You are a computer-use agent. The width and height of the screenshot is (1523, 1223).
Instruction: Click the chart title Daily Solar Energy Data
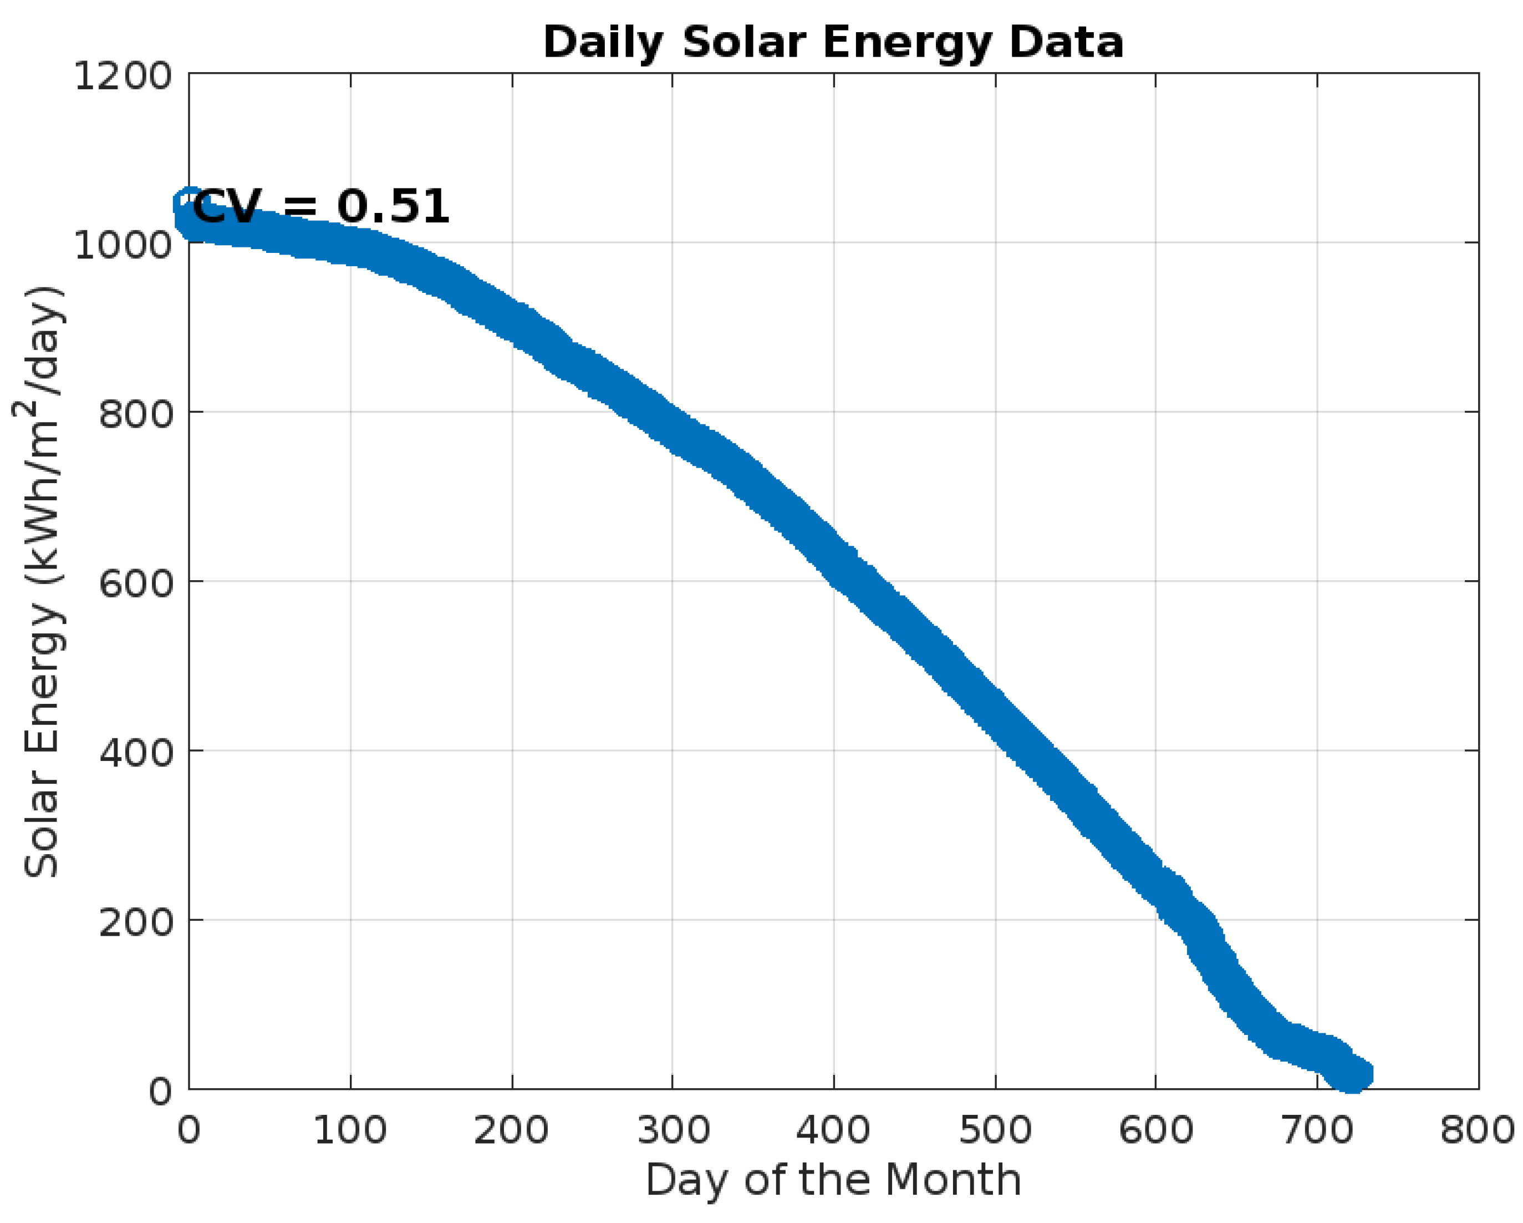(833, 42)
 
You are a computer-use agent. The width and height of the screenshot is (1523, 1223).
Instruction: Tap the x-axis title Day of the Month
(833, 1179)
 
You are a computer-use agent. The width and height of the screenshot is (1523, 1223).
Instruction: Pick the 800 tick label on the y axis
(136, 414)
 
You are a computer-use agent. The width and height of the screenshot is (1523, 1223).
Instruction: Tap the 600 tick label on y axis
(136, 583)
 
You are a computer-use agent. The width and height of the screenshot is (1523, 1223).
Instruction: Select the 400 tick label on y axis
(136, 753)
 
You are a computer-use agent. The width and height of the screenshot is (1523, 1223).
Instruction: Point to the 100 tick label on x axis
(350, 1130)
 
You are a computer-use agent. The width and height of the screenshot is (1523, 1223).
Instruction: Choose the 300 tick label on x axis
(673, 1130)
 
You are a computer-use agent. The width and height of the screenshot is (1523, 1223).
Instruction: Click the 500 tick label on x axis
(995, 1130)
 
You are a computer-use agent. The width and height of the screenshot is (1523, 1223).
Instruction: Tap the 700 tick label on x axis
(1317, 1130)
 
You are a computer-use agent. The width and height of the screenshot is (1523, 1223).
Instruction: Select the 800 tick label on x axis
(1478, 1130)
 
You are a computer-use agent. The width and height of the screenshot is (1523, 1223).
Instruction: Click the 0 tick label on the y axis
(160, 1092)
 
